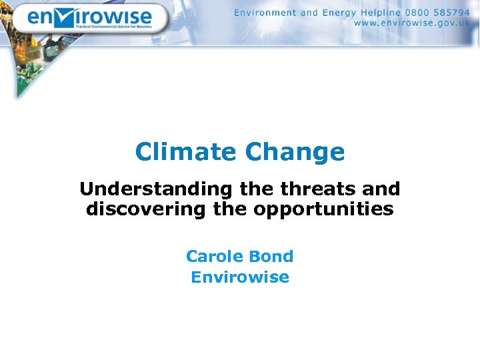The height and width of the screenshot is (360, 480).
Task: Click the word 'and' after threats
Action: (381, 189)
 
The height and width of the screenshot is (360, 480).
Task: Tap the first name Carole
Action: (213, 256)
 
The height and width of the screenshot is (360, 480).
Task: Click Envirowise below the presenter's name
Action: (240, 277)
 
